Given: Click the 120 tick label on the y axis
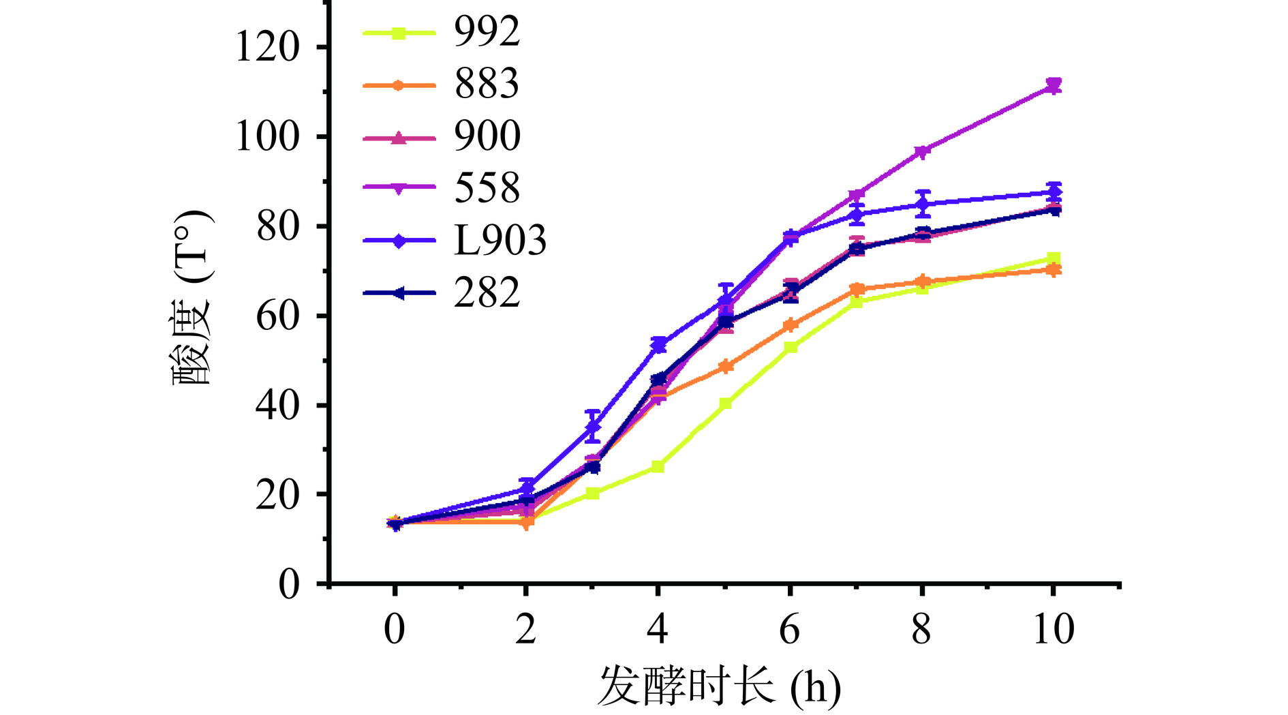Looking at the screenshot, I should click(267, 48).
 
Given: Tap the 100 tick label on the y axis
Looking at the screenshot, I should click(267, 136).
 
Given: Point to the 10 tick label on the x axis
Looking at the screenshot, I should click(1054, 629).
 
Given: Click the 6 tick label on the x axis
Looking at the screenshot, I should click(789, 629).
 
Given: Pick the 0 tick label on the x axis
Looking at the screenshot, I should click(395, 629).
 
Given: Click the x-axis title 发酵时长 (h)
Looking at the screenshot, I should click(720, 686).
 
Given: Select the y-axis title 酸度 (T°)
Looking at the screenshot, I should click(192, 299).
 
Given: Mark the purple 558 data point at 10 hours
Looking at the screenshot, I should click(1054, 86).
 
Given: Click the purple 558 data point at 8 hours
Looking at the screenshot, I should click(922, 151).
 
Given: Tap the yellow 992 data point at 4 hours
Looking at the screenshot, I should click(658, 467).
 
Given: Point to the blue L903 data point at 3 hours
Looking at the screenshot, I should click(593, 427).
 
